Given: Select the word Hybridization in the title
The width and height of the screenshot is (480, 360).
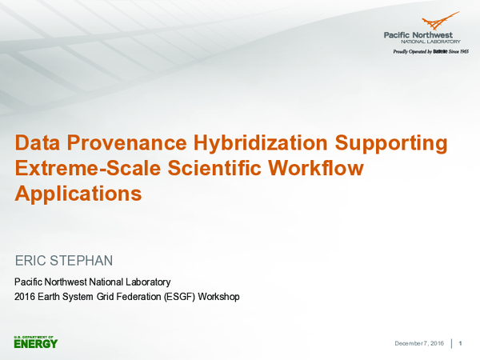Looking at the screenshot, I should (x=247, y=144).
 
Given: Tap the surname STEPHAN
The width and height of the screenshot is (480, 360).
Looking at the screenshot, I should (x=86, y=261).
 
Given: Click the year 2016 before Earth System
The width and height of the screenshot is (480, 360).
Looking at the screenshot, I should (x=26, y=297).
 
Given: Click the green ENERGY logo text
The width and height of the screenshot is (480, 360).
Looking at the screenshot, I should (x=36, y=344).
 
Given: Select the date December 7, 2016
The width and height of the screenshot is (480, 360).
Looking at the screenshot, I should (x=419, y=343).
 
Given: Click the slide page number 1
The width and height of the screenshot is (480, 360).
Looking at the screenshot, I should (x=462, y=343).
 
